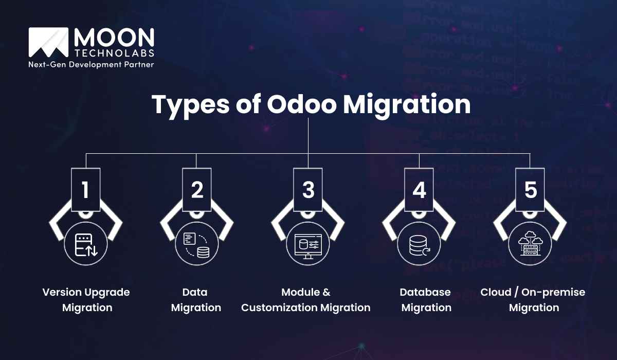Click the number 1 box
coord(85,189)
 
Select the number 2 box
coord(197,189)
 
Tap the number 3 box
coord(308,189)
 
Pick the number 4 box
coord(419,189)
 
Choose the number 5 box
coord(530,189)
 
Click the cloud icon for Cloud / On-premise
coord(530,243)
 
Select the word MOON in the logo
coord(114,38)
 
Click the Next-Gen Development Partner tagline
coord(91,64)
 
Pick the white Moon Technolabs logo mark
coord(49,42)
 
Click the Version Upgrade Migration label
coord(86,300)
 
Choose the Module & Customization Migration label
coord(306,300)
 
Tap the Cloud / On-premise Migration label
coord(533,300)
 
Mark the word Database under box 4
coord(425,292)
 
